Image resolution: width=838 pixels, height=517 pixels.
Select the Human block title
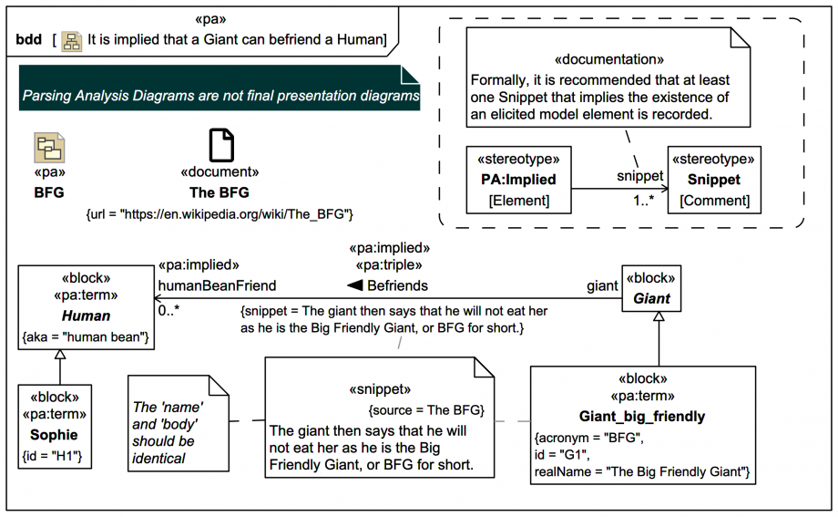[86, 315]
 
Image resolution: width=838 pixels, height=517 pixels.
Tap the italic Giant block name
[651, 298]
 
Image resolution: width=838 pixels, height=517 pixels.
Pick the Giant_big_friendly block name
[642, 417]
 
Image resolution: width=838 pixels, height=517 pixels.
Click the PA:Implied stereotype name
[518, 180]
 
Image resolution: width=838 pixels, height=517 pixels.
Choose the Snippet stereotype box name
[714, 180]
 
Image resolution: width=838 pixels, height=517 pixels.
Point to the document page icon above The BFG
[220, 146]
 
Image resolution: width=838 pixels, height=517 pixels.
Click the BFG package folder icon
[49, 147]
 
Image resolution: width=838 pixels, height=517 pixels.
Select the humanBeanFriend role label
[217, 285]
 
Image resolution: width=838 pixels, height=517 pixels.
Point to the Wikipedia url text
[219, 213]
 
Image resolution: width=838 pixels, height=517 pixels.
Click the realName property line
[641, 470]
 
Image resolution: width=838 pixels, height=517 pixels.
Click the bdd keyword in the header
[29, 40]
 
